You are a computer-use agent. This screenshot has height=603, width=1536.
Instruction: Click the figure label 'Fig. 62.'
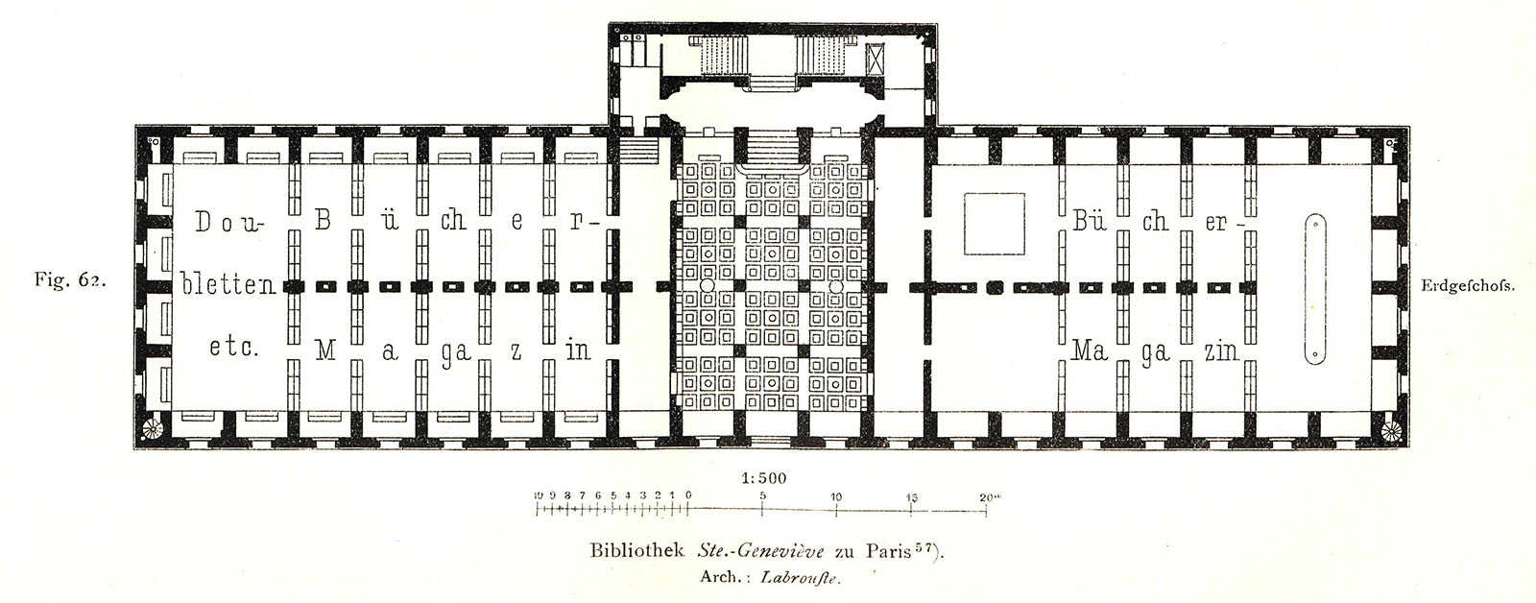[x=70, y=280]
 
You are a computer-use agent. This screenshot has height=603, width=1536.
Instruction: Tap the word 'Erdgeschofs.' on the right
[x=1467, y=285]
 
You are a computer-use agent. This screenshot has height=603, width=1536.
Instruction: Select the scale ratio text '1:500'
[x=764, y=478]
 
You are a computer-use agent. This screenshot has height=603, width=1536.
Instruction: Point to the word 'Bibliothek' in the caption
[x=639, y=551]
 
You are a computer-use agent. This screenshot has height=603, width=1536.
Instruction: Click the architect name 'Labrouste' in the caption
[x=800, y=578]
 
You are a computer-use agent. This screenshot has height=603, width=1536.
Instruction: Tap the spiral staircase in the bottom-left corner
[x=152, y=429]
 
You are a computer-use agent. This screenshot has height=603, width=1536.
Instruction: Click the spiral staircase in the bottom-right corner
[x=1391, y=431]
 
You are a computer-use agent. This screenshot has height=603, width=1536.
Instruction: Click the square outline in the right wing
[x=995, y=224]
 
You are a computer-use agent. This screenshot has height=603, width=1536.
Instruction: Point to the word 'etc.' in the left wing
[x=234, y=348]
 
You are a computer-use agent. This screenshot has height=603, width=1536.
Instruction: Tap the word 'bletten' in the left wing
[x=228, y=284]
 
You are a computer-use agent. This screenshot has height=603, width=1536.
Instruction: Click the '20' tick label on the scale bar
[x=988, y=497]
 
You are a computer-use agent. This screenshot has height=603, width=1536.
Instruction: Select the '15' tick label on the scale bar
[x=912, y=498]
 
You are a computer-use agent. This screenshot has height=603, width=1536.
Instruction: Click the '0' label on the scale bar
[x=687, y=494]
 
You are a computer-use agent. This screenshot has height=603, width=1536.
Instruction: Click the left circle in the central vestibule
[x=707, y=285]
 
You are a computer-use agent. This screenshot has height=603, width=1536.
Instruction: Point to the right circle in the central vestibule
[x=835, y=285]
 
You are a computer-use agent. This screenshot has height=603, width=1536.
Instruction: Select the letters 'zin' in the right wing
[x=1222, y=351]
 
